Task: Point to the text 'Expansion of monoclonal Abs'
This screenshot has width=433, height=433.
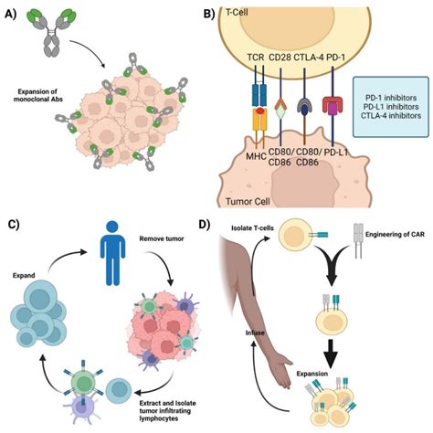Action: (45, 96)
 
